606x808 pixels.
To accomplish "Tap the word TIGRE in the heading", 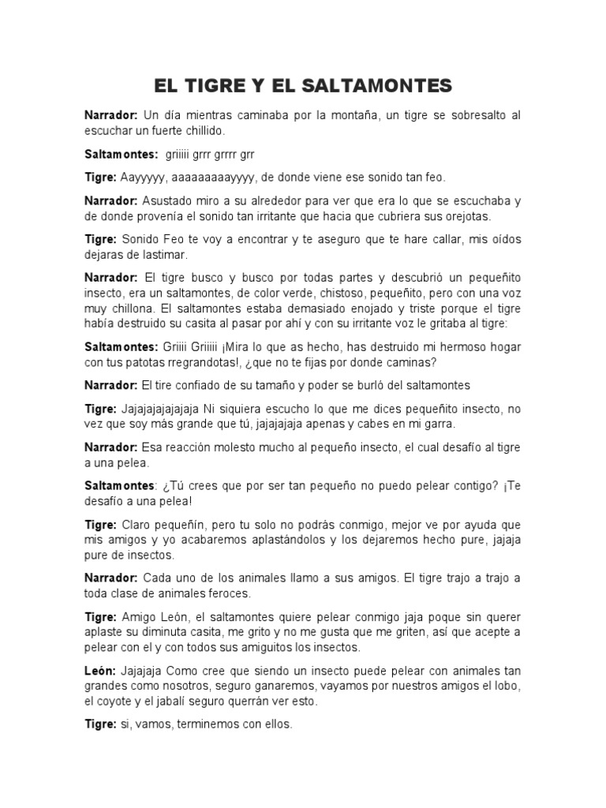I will [218, 85].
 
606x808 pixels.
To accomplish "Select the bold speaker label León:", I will [102, 671].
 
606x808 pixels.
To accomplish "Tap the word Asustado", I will [167, 201].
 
